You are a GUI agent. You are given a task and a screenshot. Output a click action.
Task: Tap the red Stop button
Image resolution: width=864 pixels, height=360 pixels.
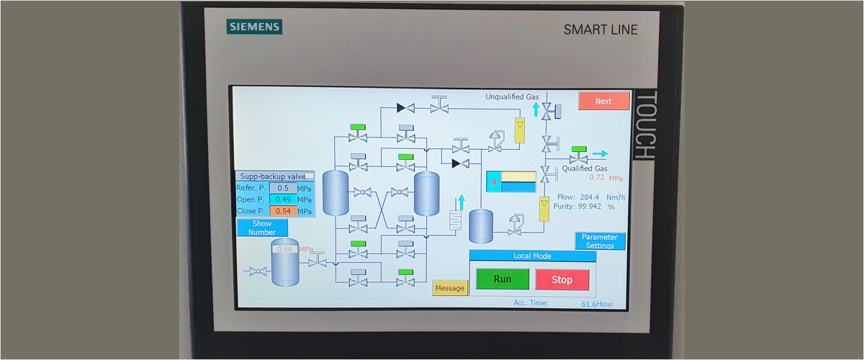[562, 279]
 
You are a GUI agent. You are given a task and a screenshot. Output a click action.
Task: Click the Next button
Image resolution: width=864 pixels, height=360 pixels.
[603, 101]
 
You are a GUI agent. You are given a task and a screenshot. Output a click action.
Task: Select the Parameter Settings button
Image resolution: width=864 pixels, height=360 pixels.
[600, 241]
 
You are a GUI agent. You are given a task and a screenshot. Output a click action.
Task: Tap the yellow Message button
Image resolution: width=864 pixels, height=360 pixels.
[450, 288]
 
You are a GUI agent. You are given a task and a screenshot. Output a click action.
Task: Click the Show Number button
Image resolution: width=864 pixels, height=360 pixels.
[262, 228]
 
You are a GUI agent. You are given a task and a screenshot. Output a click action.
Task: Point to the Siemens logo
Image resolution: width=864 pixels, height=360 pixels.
[255, 27]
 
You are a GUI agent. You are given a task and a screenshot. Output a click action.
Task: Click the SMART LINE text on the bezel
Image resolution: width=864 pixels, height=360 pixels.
[600, 30]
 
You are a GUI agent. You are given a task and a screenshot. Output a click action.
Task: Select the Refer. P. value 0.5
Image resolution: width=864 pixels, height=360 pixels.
[282, 188]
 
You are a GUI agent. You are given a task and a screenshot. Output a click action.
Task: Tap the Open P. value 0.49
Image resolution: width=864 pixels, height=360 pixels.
[282, 199]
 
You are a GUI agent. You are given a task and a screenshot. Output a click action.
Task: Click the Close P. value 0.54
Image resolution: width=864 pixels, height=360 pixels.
[282, 211]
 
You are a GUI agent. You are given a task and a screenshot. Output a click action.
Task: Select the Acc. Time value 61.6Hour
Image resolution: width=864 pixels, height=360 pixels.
[597, 304]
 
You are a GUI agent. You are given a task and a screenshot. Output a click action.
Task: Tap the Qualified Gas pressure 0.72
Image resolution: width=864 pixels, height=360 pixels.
[597, 178]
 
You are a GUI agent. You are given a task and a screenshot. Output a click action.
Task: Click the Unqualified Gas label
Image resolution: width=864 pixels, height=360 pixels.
[512, 96]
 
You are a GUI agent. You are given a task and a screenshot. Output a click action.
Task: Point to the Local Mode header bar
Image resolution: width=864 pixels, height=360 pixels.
[532, 256]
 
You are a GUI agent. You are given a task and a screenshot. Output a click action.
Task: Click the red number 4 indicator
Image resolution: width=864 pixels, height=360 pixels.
[493, 182]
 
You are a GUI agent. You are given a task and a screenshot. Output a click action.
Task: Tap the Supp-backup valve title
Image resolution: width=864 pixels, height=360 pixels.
[273, 176]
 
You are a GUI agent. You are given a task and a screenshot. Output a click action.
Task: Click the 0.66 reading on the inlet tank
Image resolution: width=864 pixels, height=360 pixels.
[285, 250]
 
